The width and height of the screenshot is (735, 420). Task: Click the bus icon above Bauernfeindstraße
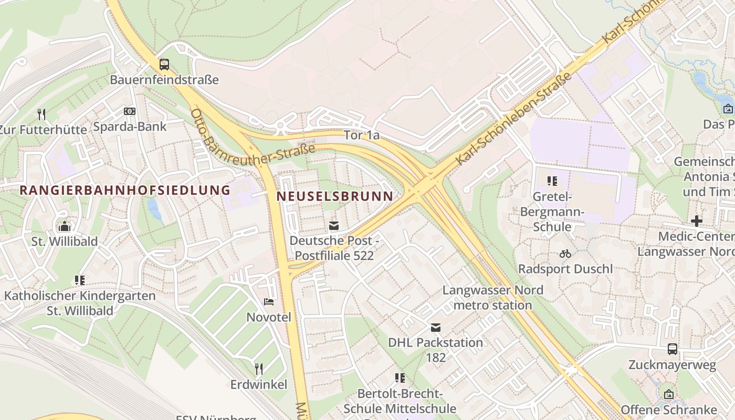click(164, 65)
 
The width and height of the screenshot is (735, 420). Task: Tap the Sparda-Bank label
click(130, 127)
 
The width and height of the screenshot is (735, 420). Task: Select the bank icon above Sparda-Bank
click(129, 111)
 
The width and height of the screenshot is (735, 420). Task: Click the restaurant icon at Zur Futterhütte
click(41, 114)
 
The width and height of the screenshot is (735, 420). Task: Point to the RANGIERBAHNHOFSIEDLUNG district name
click(125, 190)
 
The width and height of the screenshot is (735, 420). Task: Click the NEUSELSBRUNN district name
click(334, 196)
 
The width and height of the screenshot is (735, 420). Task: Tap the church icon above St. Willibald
click(65, 226)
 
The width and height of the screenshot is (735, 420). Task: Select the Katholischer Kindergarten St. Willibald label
click(80, 303)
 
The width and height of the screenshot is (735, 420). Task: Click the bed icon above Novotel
click(269, 302)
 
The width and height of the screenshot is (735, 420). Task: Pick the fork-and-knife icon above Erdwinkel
click(258, 369)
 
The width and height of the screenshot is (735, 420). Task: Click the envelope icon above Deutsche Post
click(333, 226)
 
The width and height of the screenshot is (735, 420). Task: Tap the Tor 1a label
click(361, 135)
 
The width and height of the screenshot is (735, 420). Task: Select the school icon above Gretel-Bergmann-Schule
click(552, 182)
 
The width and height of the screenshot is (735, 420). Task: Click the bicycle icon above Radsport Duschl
click(565, 254)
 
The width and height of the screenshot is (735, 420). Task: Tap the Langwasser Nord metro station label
click(492, 297)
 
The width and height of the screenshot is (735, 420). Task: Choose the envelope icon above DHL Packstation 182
click(435, 328)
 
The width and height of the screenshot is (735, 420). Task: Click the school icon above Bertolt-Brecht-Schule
click(400, 378)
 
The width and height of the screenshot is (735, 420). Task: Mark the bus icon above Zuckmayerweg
click(672, 349)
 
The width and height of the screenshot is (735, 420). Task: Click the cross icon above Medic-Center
click(696, 221)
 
